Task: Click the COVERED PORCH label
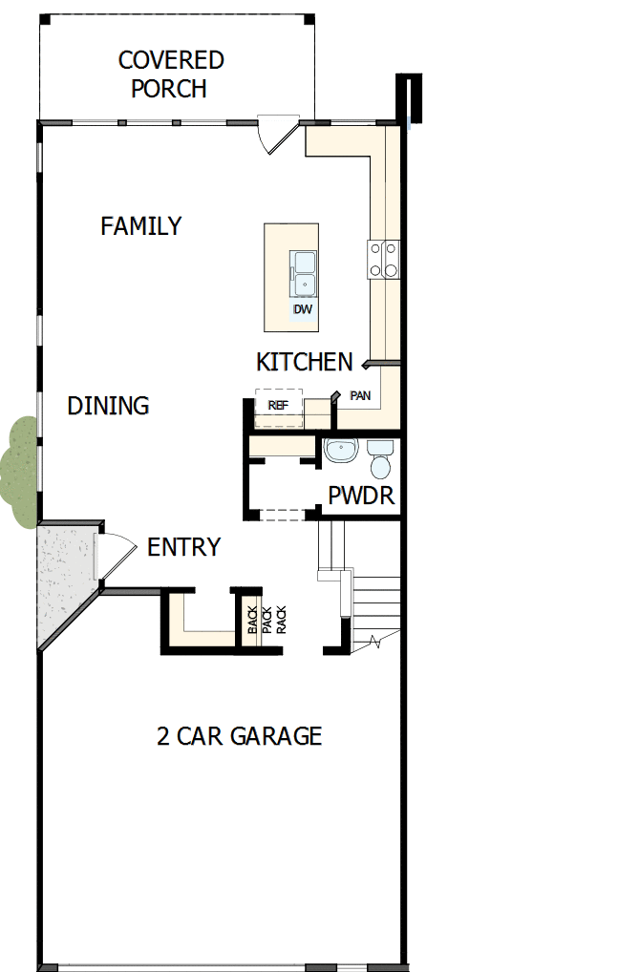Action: (x=170, y=74)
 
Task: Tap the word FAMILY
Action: (x=140, y=226)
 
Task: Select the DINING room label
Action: (x=108, y=406)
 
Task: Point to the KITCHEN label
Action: (x=304, y=362)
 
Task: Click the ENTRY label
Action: (x=183, y=547)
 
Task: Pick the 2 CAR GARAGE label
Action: (x=239, y=736)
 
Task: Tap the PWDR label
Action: (x=361, y=497)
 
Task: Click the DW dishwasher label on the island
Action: (x=303, y=310)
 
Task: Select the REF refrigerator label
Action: (x=278, y=405)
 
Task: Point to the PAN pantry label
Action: (x=360, y=395)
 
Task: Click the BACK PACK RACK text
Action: (x=266, y=620)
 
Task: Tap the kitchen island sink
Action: (x=305, y=272)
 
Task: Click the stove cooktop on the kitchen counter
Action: (x=383, y=259)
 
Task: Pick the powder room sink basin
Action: (x=338, y=451)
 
